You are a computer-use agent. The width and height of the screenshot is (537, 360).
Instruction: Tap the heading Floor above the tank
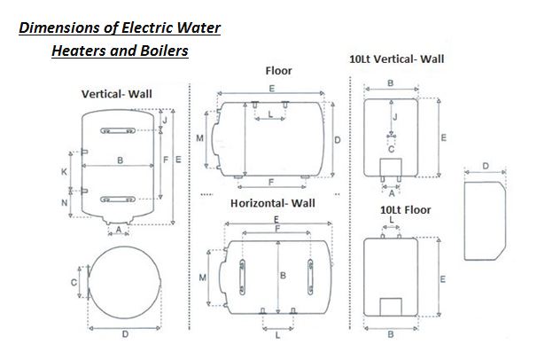point(278,70)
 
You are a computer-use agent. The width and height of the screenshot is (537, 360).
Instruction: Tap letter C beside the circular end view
point(74,282)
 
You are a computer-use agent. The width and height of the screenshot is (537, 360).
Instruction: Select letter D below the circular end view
point(125,334)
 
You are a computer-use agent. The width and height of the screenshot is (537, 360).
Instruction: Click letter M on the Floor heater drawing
point(201,139)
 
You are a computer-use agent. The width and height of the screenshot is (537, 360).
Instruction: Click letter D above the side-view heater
point(486,166)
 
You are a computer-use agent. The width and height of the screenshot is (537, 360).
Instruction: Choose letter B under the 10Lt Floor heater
point(391,335)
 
